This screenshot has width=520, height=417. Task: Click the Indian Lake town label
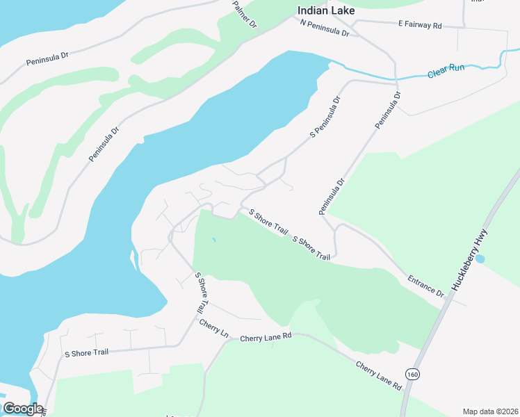tap(325, 10)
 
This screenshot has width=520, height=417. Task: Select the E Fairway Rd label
tap(420, 24)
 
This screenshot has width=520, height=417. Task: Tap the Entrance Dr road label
tap(426, 286)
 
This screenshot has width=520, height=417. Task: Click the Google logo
tap(22, 409)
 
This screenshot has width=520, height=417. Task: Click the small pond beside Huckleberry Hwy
tap(480, 259)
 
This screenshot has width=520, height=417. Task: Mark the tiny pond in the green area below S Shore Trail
tap(214, 240)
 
